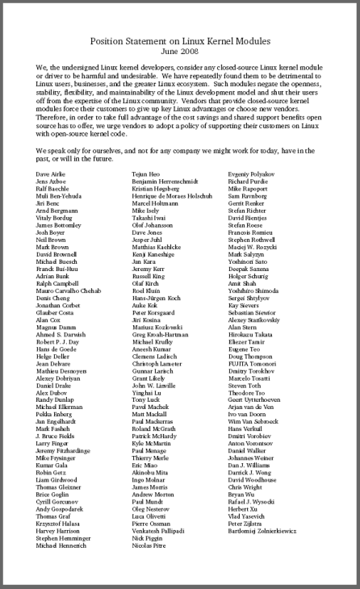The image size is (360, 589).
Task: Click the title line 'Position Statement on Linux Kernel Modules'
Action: (180, 38)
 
